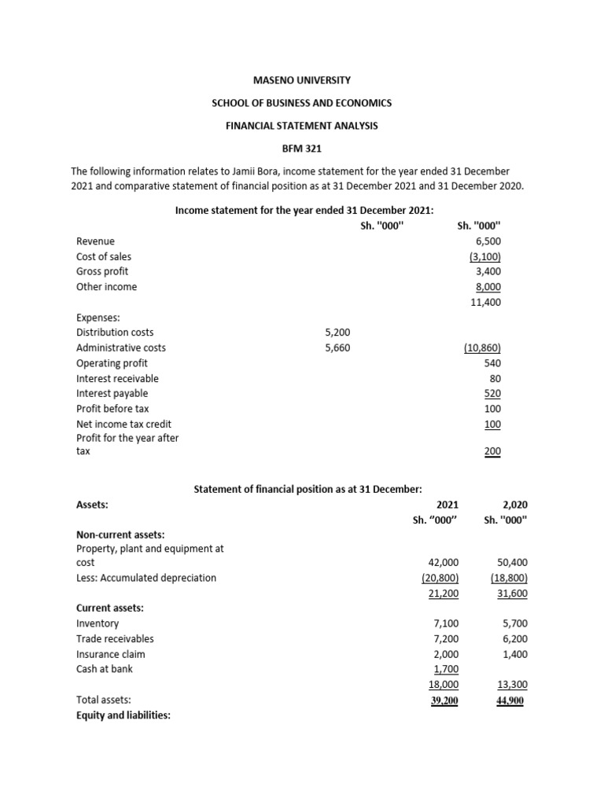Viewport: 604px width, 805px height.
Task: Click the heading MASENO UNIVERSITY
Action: point(302,80)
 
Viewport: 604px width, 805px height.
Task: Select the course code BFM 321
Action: point(302,148)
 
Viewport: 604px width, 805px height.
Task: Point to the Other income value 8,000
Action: point(487,287)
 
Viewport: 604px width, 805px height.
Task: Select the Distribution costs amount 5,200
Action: point(337,333)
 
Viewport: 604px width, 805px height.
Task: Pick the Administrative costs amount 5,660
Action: point(337,347)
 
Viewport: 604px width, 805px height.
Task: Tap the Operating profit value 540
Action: point(492,363)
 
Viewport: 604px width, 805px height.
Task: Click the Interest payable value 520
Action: point(492,393)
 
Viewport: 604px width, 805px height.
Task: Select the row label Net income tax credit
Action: point(123,424)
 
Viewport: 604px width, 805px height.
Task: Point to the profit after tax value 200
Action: point(492,451)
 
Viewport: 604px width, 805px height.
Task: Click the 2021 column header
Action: point(447,505)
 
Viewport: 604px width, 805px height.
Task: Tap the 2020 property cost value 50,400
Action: point(513,563)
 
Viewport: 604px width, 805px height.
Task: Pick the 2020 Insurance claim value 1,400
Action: point(513,654)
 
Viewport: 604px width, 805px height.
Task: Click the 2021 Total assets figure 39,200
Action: point(444,700)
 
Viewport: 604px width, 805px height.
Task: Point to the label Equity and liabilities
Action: point(123,715)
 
